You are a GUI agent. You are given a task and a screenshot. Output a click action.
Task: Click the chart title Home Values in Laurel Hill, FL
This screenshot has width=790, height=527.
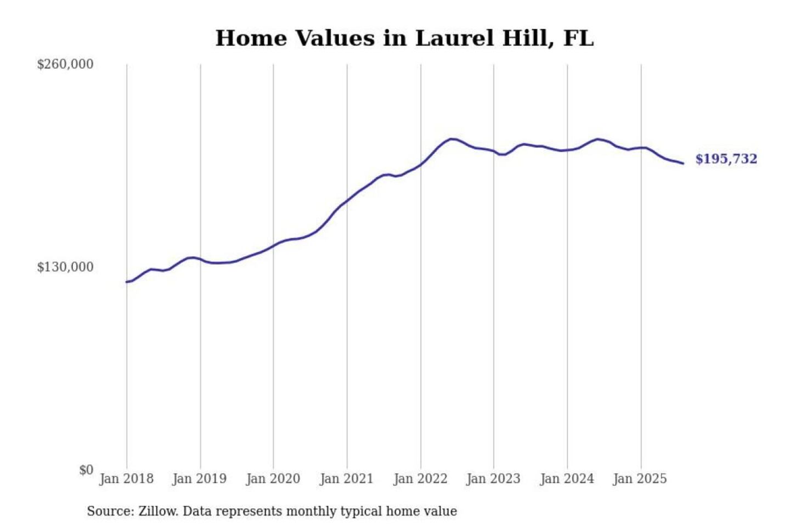(404, 38)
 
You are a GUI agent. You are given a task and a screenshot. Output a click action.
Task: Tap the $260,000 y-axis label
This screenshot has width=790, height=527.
(65, 64)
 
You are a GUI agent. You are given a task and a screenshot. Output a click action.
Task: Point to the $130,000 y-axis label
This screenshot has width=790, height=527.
(65, 267)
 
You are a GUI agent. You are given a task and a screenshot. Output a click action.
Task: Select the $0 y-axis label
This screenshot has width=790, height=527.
(86, 470)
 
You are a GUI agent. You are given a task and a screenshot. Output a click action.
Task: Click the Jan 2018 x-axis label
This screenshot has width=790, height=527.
(126, 479)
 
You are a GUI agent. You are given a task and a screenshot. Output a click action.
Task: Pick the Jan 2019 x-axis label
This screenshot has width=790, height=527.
(199, 479)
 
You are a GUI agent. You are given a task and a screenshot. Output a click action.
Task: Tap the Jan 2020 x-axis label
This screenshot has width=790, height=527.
(273, 479)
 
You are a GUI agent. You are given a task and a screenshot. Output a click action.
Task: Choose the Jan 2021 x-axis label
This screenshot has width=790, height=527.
(346, 479)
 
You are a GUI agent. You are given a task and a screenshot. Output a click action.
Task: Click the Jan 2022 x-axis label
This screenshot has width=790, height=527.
(420, 479)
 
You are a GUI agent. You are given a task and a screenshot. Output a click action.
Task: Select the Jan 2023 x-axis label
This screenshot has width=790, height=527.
(493, 479)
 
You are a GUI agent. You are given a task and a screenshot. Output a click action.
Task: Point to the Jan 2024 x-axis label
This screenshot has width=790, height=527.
(567, 479)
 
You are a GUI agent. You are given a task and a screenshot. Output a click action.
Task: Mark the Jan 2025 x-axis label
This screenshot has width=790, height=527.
(640, 479)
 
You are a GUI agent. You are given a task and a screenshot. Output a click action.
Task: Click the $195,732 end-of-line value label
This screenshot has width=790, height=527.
(726, 159)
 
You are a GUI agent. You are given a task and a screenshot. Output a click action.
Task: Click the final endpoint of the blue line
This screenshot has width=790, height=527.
(683, 163)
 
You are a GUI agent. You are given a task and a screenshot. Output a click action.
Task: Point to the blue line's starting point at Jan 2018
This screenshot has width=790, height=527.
(127, 282)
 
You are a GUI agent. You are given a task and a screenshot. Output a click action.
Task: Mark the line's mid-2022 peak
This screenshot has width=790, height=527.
(451, 139)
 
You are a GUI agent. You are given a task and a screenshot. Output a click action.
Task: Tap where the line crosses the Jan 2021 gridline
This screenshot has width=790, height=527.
(347, 201)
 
